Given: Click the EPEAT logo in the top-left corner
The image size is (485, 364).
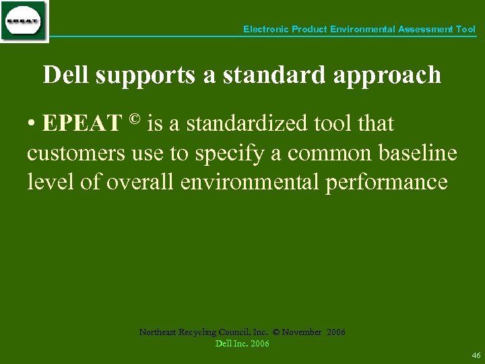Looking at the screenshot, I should (24, 22).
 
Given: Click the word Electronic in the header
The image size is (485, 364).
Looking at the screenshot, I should (265, 30).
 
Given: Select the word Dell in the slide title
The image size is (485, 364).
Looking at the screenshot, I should (66, 75).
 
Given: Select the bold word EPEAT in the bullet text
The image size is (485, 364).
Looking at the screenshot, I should (82, 124).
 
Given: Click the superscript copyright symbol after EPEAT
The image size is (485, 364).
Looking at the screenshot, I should (134, 120).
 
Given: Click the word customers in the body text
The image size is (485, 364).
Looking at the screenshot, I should (75, 154).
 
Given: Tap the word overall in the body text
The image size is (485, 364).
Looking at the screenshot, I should (141, 182).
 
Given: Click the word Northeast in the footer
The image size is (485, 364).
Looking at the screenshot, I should (158, 332).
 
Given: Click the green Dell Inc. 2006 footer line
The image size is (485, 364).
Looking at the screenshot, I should (242, 344).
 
